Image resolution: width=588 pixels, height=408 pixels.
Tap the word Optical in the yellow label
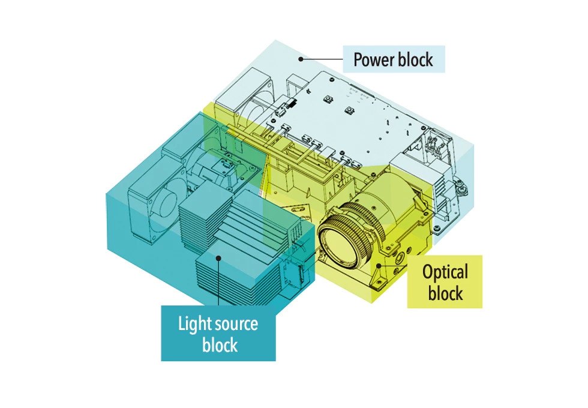tap(445, 273)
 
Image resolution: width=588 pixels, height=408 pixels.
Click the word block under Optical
tap(445, 293)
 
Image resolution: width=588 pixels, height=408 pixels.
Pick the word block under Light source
tap(219, 346)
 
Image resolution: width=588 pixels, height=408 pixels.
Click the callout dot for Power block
tap(302, 59)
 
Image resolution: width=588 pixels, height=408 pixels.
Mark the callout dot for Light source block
tap(219, 258)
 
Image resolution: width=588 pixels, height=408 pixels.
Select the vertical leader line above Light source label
tap(219, 282)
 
